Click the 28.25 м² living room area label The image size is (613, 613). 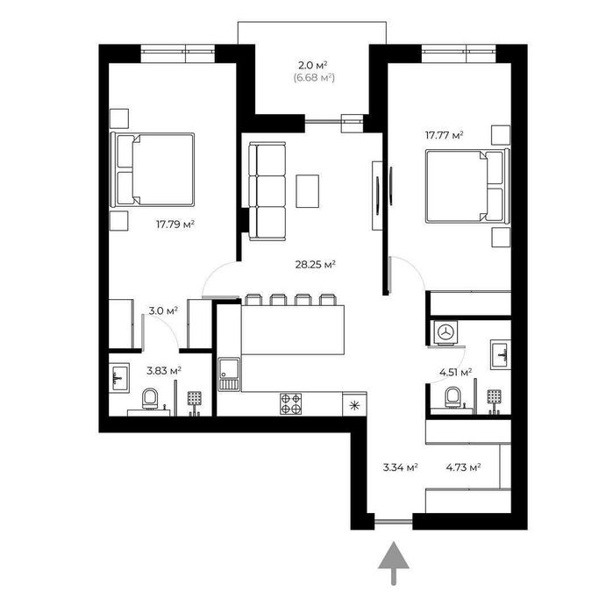[316, 265]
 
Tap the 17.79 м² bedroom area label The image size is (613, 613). [175, 225]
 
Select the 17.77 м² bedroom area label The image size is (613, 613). [444, 135]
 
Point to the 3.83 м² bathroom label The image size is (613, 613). [164, 370]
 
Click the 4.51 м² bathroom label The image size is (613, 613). [455, 372]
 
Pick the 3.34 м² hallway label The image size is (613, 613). [401, 467]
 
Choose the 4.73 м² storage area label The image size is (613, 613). [463, 467]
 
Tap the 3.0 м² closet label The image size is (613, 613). [163, 310]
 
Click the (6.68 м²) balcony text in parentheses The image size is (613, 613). [314, 78]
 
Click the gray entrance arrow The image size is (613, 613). [393, 563]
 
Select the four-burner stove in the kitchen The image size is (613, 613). [291, 403]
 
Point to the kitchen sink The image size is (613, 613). [230, 374]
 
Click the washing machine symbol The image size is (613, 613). [445, 333]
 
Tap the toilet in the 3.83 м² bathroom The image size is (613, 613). [150, 399]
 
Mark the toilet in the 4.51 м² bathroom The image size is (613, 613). [453, 397]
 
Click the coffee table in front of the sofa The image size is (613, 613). [307, 191]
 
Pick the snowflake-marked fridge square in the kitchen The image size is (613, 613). [354, 404]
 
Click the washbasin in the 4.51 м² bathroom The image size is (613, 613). [501, 354]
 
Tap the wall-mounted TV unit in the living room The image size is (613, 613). [377, 196]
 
